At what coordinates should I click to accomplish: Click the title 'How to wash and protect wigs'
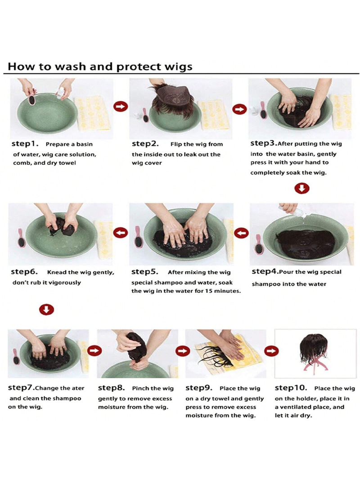(100, 67)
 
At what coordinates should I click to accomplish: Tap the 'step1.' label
(25, 144)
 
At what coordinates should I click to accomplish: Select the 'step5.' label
(145, 272)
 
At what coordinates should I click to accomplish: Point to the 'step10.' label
(291, 388)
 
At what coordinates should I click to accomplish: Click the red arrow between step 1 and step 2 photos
(121, 106)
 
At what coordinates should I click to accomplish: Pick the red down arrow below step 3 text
(302, 188)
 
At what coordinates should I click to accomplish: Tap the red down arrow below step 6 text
(46, 309)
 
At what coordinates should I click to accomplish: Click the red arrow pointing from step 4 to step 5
(242, 233)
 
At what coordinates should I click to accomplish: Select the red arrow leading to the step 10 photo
(271, 351)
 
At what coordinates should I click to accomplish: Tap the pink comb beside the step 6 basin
(21, 238)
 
